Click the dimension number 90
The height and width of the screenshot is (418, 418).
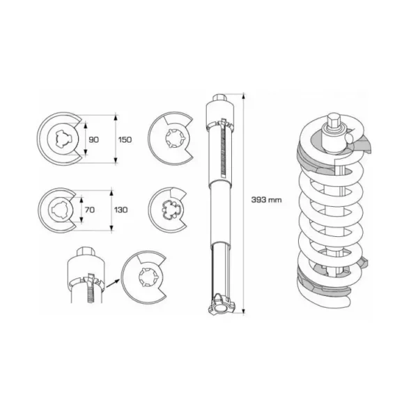click(93, 139)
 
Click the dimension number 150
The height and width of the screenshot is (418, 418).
click(125, 139)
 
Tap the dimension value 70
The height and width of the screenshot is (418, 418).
click(90, 210)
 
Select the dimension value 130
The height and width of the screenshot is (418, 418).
click(121, 210)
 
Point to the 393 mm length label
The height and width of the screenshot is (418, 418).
click(266, 200)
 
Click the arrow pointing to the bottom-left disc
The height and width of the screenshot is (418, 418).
click(112, 283)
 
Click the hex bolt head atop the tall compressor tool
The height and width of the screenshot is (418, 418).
click(220, 98)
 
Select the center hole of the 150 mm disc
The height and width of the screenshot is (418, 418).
click(63, 139)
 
